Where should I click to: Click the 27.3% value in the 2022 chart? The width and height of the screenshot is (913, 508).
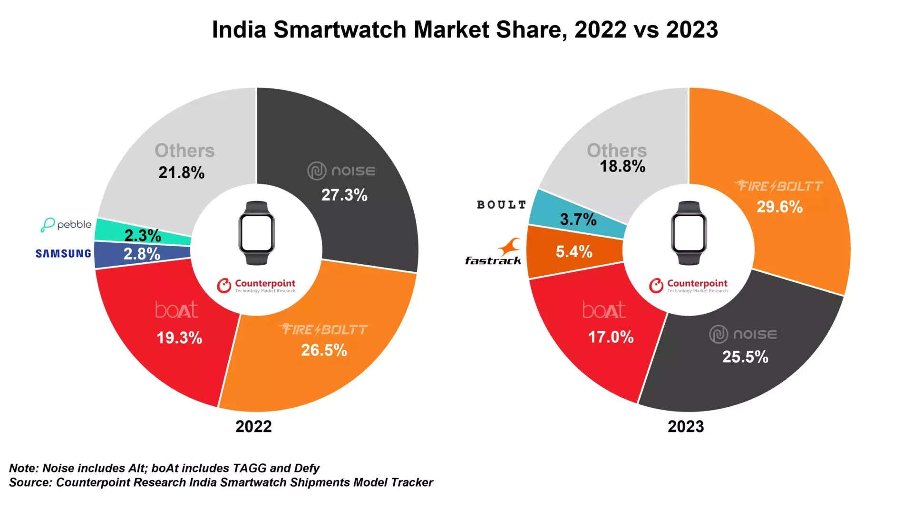(x=344, y=195)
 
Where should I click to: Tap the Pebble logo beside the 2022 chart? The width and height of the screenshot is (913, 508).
(x=66, y=224)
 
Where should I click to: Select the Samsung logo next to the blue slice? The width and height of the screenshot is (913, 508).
(x=63, y=254)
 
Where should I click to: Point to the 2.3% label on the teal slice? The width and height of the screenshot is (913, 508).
(x=142, y=235)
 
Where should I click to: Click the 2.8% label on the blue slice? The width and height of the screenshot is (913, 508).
(x=142, y=254)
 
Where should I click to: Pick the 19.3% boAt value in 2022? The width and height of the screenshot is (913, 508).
(x=179, y=338)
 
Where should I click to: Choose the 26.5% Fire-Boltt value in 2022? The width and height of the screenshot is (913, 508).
(x=324, y=350)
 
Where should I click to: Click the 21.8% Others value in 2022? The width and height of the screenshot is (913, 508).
(x=181, y=173)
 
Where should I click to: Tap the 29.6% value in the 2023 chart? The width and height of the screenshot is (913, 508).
(x=779, y=207)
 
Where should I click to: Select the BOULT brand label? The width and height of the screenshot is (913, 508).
(x=502, y=205)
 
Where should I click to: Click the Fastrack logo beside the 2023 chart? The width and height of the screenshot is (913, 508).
(x=494, y=252)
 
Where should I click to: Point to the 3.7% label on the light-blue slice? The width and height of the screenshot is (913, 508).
(x=578, y=219)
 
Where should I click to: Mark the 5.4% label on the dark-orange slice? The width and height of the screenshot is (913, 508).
(x=574, y=251)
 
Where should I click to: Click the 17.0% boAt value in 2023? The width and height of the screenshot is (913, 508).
(x=611, y=337)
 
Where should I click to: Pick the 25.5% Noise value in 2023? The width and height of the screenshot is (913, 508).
(x=745, y=357)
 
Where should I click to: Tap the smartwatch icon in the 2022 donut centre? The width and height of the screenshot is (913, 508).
(x=256, y=233)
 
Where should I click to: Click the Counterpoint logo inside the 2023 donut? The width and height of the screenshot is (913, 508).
(x=688, y=285)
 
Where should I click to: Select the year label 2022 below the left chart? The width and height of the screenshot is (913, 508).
(x=253, y=426)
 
